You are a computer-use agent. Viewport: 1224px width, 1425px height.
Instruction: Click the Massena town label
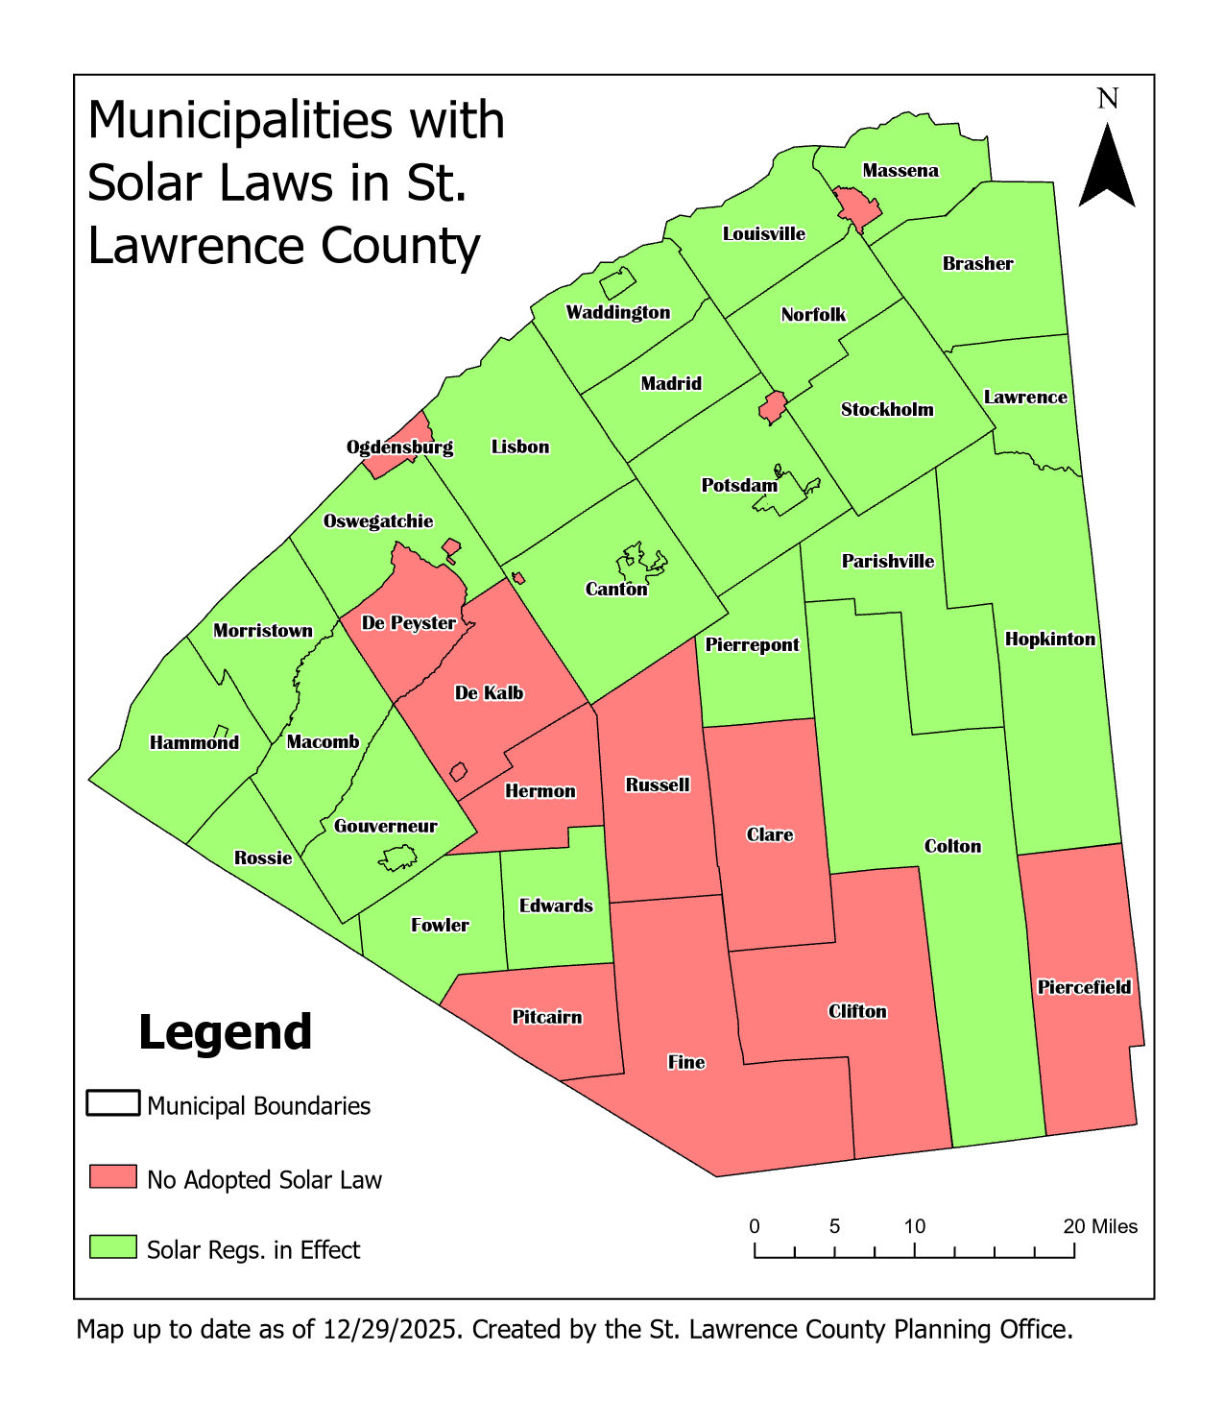tap(900, 171)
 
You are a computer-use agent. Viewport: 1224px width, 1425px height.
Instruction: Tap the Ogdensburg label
tap(399, 447)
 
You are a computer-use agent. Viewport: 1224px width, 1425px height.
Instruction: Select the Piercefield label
tap(1084, 987)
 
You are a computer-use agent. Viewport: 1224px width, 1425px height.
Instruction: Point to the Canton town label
tap(616, 589)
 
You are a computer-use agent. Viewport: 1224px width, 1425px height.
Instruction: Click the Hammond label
tap(194, 742)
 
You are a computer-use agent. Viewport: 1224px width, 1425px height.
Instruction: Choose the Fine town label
tap(686, 1062)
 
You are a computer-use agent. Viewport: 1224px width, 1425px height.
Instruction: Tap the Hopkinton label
tap(1049, 640)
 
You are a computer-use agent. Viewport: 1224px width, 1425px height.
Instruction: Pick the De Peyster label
tap(408, 623)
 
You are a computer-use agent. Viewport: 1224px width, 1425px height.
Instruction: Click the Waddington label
tap(617, 312)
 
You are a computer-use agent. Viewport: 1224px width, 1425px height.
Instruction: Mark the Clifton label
tap(857, 1011)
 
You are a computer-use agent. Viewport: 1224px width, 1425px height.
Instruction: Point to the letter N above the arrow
tap(1108, 99)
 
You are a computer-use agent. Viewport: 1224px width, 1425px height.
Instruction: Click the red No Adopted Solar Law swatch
tap(113, 1177)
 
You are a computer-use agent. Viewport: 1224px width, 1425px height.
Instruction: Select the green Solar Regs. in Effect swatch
tap(113, 1247)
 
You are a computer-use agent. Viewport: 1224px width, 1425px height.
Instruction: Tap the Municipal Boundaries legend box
tap(113, 1103)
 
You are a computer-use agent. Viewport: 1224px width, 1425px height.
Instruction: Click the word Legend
tap(226, 1033)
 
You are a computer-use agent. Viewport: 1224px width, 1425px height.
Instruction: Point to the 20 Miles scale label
tap(1100, 1226)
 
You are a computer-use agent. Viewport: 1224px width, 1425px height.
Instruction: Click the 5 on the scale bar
tap(834, 1226)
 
